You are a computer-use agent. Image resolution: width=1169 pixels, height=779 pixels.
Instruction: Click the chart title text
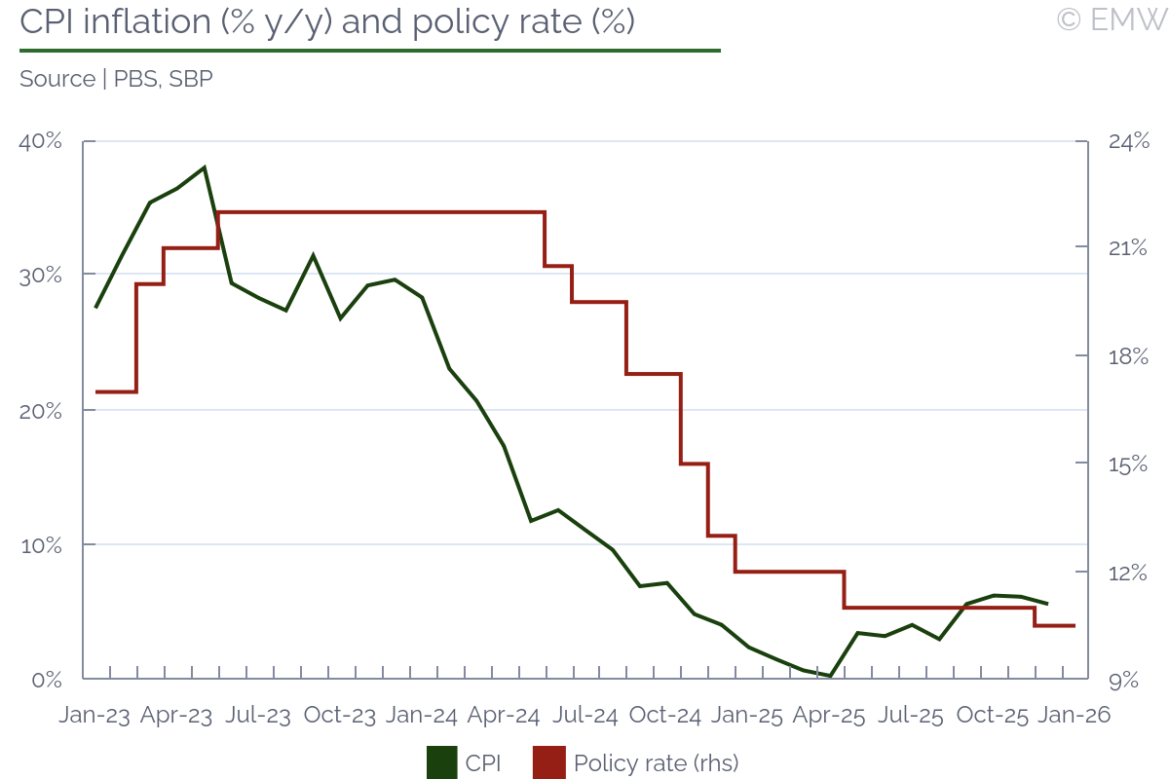(x=327, y=22)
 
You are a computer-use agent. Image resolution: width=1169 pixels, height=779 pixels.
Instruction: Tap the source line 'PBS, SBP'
(x=116, y=80)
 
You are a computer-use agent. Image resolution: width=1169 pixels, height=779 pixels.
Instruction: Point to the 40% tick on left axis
(x=41, y=142)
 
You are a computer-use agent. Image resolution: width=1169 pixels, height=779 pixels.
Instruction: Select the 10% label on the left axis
(x=42, y=544)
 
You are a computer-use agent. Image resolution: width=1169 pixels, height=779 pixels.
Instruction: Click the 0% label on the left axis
(x=47, y=679)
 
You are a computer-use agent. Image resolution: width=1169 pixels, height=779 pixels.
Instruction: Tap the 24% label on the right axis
(x=1129, y=142)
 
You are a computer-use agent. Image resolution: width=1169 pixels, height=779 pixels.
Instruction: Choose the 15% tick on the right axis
(x=1129, y=464)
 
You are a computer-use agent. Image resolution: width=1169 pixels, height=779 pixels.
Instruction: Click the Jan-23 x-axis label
(x=94, y=716)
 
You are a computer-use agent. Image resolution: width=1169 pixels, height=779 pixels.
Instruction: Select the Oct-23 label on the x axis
(x=339, y=716)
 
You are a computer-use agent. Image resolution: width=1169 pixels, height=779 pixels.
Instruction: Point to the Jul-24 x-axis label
(x=584, y=716)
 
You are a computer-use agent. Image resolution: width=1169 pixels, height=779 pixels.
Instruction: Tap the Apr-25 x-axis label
(x=829, y=716)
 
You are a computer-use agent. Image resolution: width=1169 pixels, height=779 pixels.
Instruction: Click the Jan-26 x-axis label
(x=1074, y=716)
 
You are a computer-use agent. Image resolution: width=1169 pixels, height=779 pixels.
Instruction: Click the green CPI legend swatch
(x=441, y=762)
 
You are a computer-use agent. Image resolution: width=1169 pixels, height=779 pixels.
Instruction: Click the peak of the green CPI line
(x=205, y=167)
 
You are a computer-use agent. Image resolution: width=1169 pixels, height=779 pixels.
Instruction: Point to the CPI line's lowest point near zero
(x=830, y=676)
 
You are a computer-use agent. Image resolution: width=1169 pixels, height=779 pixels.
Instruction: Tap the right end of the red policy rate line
(x=1074, y=625)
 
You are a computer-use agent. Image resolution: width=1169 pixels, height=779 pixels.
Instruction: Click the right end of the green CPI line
(x=1047, y=604)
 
